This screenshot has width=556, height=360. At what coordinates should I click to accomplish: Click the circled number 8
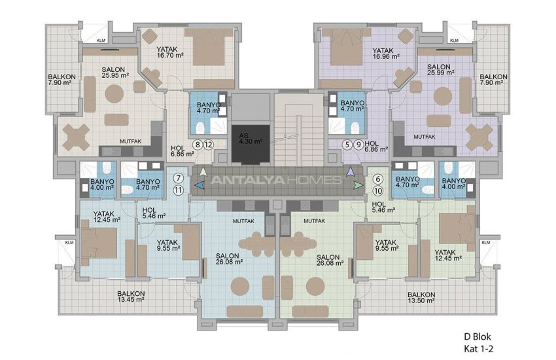[197, 145]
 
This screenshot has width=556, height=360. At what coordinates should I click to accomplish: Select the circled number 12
[208, 145]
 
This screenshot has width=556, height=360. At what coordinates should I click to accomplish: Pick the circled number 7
[178, 178]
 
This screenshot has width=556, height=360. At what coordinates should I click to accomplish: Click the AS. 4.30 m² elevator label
[250, 137]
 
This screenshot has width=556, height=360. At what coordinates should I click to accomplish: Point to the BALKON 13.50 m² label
[422, 297]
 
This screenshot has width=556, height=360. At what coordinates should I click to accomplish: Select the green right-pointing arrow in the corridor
[356, 185]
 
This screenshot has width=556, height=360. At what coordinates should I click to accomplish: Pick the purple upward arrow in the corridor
[351, 171]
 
